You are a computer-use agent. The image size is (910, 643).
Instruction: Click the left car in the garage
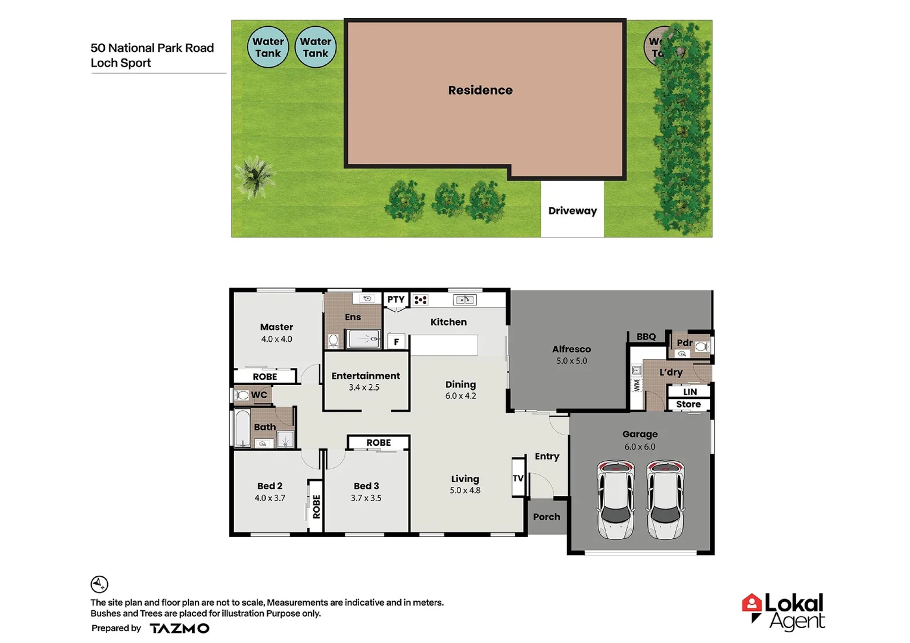point(616,500)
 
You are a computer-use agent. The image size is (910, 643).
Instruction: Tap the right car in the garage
point(666,500)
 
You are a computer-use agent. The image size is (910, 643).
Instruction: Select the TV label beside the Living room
point(518,478)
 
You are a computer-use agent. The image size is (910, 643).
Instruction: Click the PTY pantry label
point(396,299)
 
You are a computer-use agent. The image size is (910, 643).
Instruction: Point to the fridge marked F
point(396,342)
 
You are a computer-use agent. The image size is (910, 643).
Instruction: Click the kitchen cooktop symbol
point(420,300)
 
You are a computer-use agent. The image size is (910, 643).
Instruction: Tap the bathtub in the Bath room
point(242,427)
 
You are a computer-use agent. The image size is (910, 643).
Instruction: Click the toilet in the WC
point(242,395)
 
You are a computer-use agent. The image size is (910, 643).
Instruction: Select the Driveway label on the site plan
point(572,211)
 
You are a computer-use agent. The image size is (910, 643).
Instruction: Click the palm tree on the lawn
point(256,176)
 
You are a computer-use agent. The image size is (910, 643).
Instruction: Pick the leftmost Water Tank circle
point(268,47)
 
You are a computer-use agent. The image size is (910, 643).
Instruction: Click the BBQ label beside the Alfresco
point(646,337)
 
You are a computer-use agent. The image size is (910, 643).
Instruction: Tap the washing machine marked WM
point(637,385)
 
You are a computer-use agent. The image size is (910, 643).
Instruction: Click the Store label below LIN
point(688,404)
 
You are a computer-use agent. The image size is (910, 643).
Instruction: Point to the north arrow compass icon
point(99,584)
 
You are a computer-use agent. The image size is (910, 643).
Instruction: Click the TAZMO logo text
point(179,628)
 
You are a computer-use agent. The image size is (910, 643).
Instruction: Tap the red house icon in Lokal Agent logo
point(752,604)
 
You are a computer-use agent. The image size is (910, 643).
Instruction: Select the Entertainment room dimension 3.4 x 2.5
point(364,388)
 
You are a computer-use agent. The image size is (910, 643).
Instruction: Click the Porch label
point(547,517)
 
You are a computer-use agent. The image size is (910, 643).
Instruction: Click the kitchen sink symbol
point(465,300)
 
